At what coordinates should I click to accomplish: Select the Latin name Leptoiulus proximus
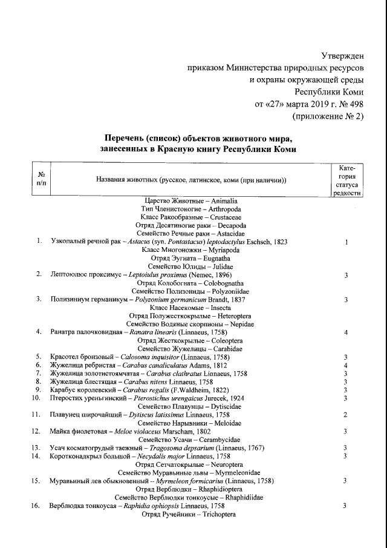(x=161, y=274)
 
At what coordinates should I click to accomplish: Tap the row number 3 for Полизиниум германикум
(x=39, y=299)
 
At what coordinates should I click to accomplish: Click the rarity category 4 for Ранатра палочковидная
(x=346, y=332)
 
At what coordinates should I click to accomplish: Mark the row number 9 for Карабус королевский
(x=38, y=389)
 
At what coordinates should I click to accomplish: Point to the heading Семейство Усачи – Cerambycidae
(x=189, y=439)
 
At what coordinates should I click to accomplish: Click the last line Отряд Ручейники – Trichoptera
(x=187, y=513)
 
